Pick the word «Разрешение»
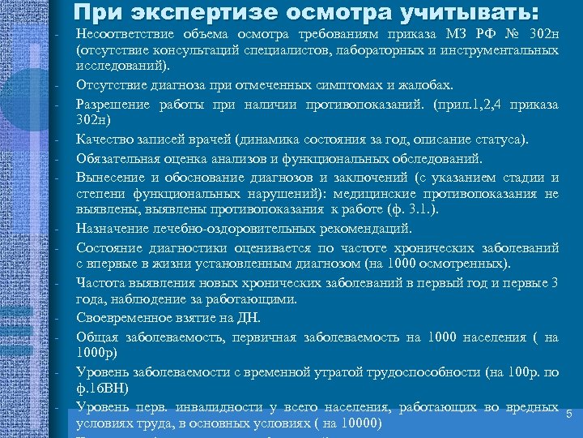(109, 104)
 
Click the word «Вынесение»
(109, 178)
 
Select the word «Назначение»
(109, 229)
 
